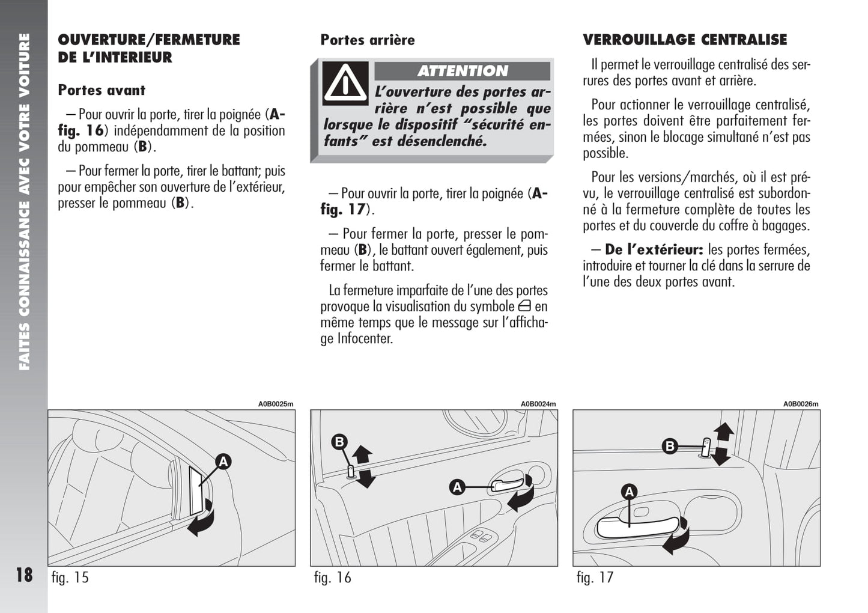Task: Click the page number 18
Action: coord(24,575)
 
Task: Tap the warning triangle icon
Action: coord(345,83)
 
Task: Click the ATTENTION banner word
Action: coord(463,71)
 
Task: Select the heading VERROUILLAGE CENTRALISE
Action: coord(685,40)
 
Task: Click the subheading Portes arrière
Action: coord(368,40)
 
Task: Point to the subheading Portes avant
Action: coord(102,90)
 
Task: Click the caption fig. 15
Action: coord(70,578)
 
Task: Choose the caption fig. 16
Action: coord(332,578)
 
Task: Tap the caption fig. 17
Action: coord(595,578)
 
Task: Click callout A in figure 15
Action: coord(223,462)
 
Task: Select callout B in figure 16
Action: coord(339,442)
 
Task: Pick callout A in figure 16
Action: coord(457,487)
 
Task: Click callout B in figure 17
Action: coord(669,446)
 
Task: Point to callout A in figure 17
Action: coord(629,492)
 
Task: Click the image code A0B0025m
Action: coord(276,404)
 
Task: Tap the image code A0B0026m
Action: coord(801,404)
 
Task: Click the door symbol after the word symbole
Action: coord(524,306)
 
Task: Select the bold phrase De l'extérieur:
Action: coord(654,249)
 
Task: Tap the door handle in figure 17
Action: coord(637,526)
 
